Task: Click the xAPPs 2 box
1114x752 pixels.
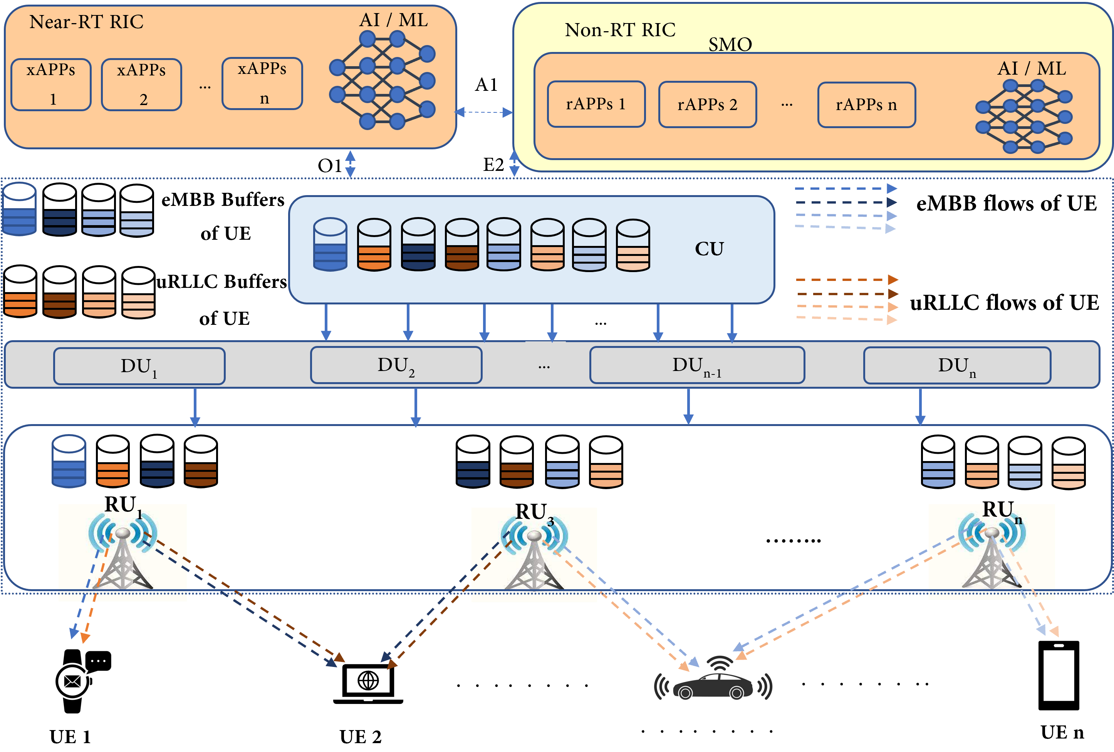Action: pyautogui.click(x=141, y=85)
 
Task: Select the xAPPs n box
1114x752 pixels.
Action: pyautogui.click(x=262, y=84)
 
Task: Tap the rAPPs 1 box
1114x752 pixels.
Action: pyautogui.click(x=596, y=104)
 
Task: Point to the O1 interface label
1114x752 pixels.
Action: pyautogui.click(x=330, y=166)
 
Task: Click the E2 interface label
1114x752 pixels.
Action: pyautogui.click(x=493, y=165)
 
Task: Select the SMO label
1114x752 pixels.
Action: pyautogui.click(x=730, y=45)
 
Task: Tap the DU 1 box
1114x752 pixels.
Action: pyautogui.click(x=139, y=366)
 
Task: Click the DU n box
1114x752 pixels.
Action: pyautogui.click(x=957, y=366)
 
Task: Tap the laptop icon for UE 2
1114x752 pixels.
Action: pyautogui.click(x=367, y=683)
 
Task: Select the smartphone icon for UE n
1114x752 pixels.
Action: pyautogui.click(x=1059, y=675)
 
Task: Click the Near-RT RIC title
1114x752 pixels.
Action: pyautogui.click(x=86, y=22)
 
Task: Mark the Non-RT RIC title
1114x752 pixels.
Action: pyautogui.click(x=620, y=30)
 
